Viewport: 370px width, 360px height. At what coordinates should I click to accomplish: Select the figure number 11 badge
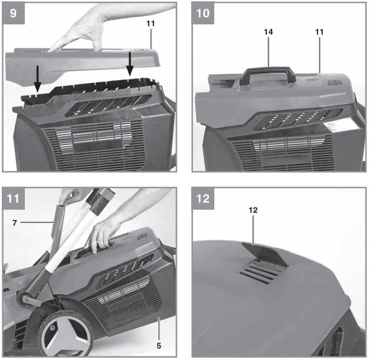pyautogui.click(x=13, y=198)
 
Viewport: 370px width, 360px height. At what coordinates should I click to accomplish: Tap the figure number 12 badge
pyautogui.click(x=203, y=198)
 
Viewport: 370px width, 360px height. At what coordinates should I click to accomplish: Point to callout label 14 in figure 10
pyautogui.click(x=268, y=32)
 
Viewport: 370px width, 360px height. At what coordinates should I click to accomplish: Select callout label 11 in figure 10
pyautogui.click(x=319, y=32)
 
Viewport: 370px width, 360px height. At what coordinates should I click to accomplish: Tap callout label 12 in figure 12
pyautogui.click(x=253, y=210)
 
